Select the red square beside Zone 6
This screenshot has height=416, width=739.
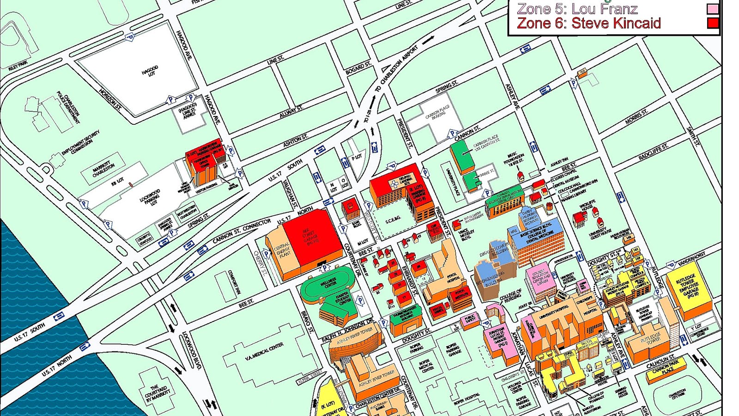coord(713,23)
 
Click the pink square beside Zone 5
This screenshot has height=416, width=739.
coord(713,9)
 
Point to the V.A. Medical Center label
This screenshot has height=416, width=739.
coord(264,352)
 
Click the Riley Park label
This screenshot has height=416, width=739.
coord(18,66)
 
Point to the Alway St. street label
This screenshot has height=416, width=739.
coord(291,111)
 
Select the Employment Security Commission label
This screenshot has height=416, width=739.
coord(81,143)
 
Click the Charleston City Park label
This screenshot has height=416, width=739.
coord(677,395)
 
